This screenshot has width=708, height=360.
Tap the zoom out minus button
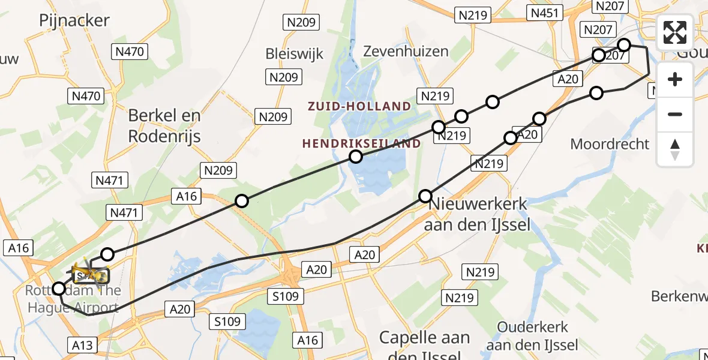coord(675,114)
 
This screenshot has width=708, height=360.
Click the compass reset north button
coord(675,149)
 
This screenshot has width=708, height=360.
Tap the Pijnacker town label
coord(74,20)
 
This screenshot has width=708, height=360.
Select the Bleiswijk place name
coord(295,54)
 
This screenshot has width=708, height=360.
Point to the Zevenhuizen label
coord(406,51)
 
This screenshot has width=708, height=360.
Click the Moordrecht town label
coord(610,144)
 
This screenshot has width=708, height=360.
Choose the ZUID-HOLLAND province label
coord(359,107)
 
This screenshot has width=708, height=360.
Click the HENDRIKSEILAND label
coord(361,143)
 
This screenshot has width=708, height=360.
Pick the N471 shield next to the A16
coord(124,212)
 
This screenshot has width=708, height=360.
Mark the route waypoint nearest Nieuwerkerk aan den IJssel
coord(425,196)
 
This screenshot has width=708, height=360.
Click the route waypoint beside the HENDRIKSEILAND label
coord(356,157)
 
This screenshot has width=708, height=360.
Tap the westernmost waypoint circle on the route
coord(59,289)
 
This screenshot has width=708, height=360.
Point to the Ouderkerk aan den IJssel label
coord(532,337)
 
